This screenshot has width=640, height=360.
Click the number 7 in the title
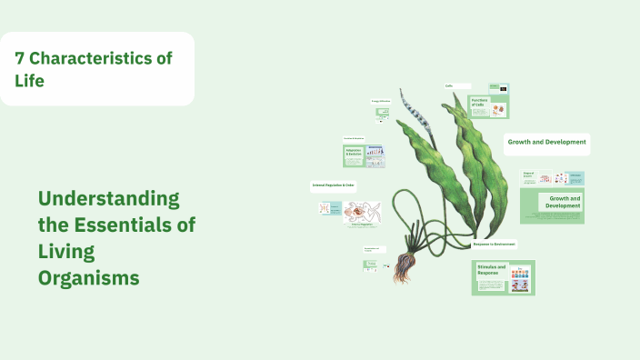pos(20,57)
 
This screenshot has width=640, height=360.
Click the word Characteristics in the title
pos(91,57)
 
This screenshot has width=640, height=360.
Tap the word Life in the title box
pos(29,81)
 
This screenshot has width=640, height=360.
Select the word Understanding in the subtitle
pos(109,199)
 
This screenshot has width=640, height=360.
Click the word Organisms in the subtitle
pos(89,277)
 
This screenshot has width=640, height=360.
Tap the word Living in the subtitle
pos(66,252)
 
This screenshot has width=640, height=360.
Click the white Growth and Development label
pos(547,143)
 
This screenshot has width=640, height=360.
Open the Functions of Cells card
pos(488,105)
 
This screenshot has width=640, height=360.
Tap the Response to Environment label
pos(495,244)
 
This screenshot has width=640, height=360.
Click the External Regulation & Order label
pos(333,185)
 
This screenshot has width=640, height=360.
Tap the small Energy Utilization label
pos(380,101)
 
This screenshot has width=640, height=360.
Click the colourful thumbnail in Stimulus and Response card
pos(520,278)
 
